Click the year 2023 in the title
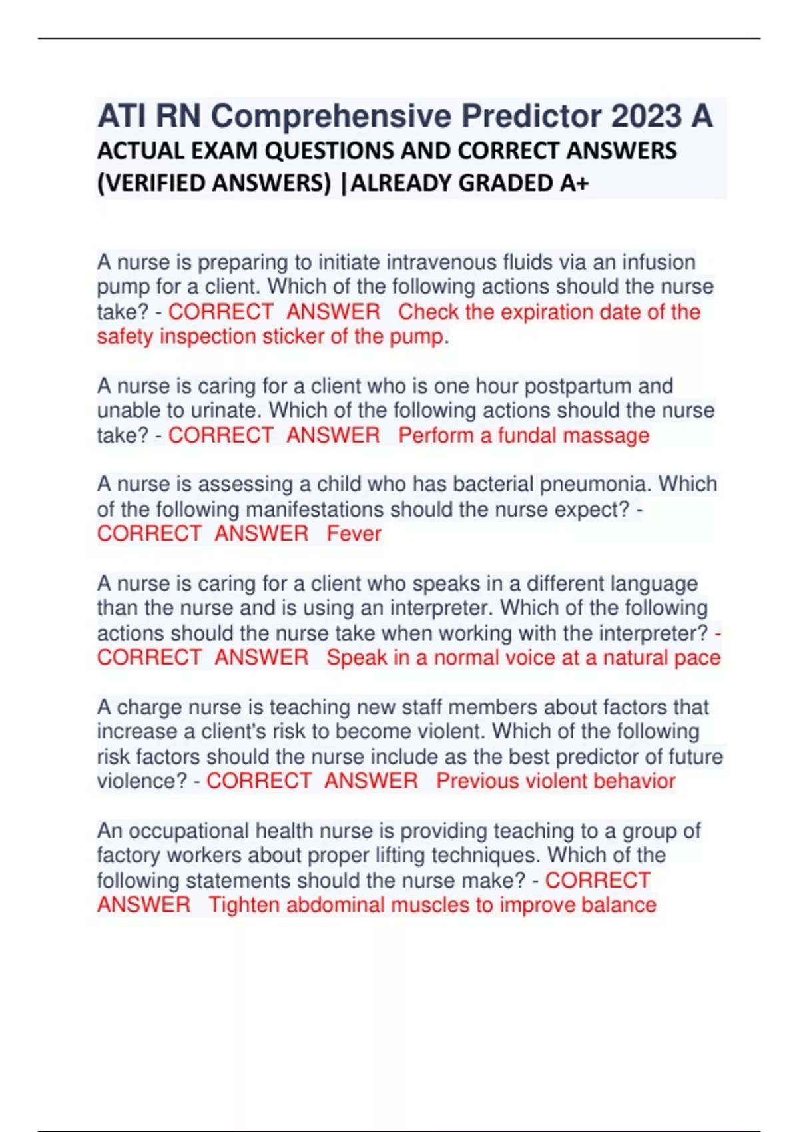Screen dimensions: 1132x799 tap(646, 116)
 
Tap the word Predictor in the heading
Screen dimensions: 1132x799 tap(532, 116)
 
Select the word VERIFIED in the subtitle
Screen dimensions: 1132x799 tap(158, 182)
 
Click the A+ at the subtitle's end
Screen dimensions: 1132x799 tap(574, 182)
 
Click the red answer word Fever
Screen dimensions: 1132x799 tap(354, 533)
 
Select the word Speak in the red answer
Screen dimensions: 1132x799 tap(356, 658)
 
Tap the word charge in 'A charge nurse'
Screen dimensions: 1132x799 tap(149, 707)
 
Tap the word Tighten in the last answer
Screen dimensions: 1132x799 tap(244, 905)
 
